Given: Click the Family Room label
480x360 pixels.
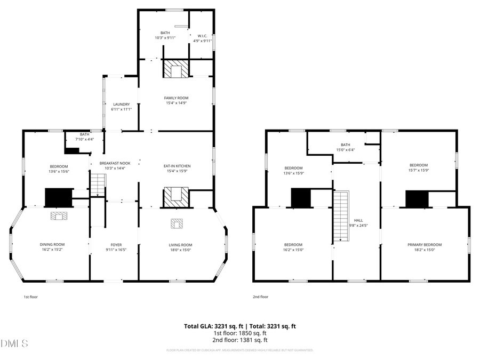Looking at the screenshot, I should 175,98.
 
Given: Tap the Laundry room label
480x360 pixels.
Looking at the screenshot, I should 121,105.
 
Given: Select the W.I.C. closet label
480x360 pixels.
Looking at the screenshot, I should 201,36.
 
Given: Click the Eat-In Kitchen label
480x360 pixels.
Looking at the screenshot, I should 177,166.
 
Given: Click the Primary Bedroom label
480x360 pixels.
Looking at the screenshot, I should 425,245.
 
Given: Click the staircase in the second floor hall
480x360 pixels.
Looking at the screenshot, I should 341,216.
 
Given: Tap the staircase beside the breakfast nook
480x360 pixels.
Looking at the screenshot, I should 98,185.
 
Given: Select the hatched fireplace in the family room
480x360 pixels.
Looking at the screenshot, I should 175,70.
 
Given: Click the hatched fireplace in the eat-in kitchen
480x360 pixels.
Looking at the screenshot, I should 176,197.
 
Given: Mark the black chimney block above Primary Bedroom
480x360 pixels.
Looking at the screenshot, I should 417,199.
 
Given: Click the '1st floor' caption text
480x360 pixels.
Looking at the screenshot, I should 30,297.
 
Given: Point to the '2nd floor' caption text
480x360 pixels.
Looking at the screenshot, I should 261,297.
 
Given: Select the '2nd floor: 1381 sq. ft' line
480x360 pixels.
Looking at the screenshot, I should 240,340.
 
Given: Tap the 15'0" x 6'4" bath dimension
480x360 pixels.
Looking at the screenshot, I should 345,150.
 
